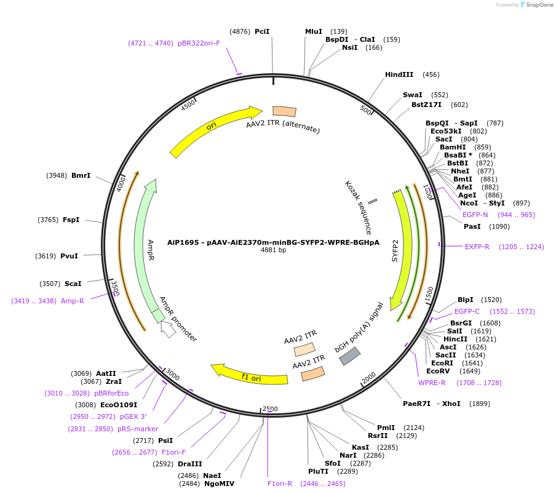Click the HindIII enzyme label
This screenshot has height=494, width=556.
[x=399, y=74]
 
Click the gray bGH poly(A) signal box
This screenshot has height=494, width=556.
[x=349, y=356]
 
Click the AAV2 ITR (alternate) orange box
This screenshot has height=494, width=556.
[x=284, y=111]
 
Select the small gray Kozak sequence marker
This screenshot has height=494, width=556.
[x=373, y=202]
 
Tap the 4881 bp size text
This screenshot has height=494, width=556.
[x=273, y=250]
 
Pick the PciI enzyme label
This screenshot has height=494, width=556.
[x=262, y=31]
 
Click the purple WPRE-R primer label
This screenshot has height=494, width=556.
[x=432, y=383]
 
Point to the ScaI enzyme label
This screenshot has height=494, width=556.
[x=73, y=284]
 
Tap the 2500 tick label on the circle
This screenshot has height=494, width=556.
[x=270, y=408]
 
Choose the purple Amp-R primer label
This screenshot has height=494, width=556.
[x=72, y=301]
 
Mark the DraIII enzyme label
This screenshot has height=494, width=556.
[x=190, y=464]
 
